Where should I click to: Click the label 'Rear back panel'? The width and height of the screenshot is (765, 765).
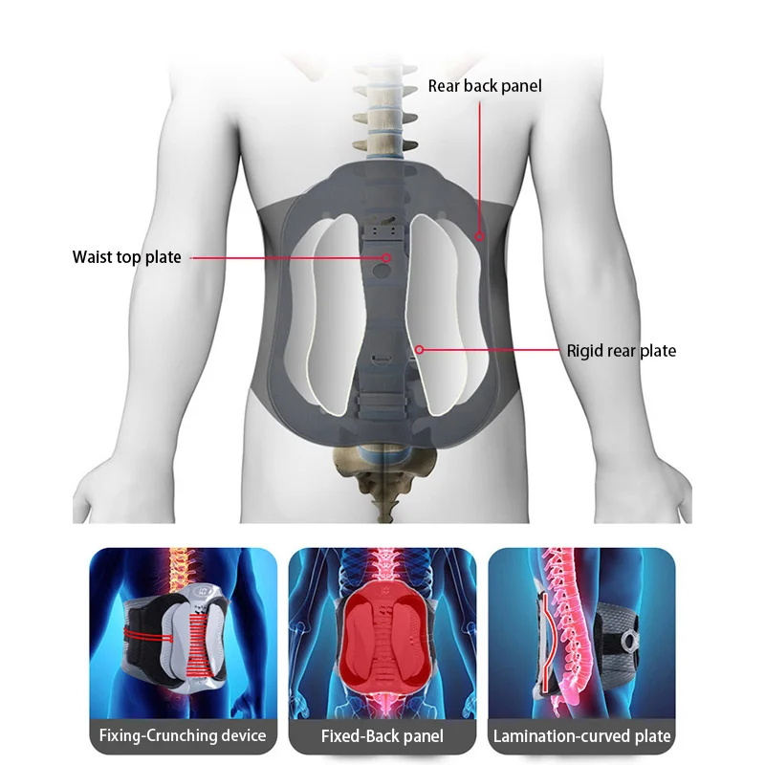pos(484,86)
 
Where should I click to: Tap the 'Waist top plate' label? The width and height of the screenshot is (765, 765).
pos(126,257)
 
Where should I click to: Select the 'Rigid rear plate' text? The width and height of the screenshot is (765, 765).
pos(621,351)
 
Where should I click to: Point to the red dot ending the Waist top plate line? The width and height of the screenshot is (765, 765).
pos(386,257)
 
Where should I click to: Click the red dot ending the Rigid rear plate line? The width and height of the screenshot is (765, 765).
pos(419,350)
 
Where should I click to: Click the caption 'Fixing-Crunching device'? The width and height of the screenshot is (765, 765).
pos(183,735)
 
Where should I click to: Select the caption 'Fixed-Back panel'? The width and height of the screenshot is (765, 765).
pos(382,735)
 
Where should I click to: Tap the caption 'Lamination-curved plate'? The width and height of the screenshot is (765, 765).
pos(581,735)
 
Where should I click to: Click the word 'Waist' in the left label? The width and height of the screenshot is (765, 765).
pos(94,257)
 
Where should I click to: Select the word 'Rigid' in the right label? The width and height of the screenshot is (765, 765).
pos(585,351)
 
